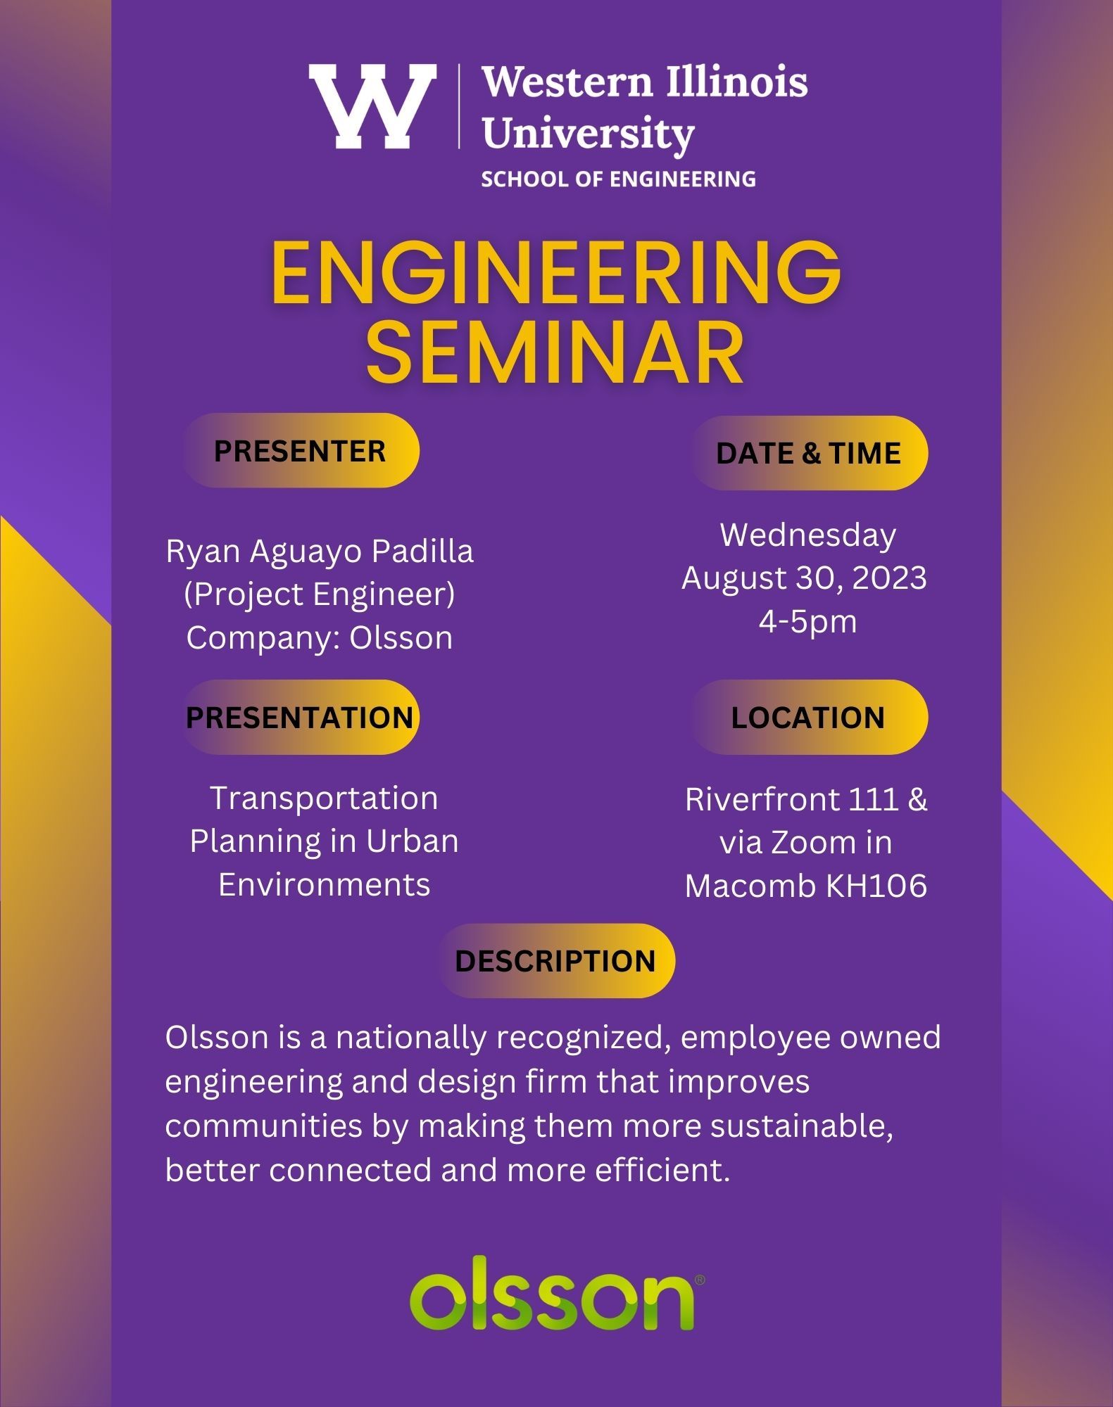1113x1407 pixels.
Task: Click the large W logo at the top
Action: [372, 106]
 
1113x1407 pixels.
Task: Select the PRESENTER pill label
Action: [301, 451]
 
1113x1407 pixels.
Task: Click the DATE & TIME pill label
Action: [808, 453]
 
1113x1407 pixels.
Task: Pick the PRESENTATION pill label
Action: [301, 718]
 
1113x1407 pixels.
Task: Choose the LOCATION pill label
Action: [808, 718]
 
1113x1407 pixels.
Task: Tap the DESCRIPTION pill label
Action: [555, 961]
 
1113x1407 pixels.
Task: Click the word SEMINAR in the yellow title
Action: [555, 352]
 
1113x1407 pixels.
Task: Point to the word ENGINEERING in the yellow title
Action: [556, 272]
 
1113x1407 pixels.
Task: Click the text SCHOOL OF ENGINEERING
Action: [618, 179]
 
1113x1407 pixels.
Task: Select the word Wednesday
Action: [808, 535]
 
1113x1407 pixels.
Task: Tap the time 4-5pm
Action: [807, 622]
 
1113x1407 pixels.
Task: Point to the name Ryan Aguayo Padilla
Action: [320, 552]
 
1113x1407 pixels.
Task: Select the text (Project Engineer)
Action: [320, 594]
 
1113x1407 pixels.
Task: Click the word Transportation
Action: [324, 798]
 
